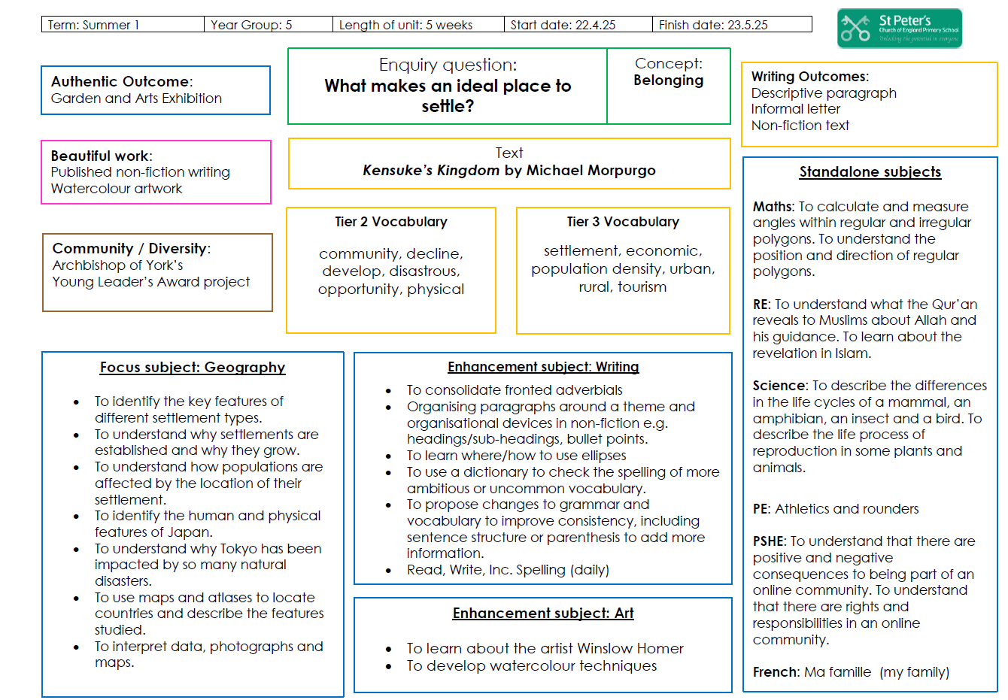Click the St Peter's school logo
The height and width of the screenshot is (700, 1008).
(x=900, y=28)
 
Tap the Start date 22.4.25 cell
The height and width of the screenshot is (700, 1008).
(x=578, y=24)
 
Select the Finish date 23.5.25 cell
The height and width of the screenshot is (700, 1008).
(x=732, y=24)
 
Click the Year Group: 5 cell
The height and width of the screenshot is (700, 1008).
(x=269, y=24)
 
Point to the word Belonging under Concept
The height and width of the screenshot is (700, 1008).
(x=668, y=80)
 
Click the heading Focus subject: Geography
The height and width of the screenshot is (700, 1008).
(x=193, y=367)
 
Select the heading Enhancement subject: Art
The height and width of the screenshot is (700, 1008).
(x=543, y=613)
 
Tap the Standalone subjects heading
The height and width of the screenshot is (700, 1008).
(x=870, y=171)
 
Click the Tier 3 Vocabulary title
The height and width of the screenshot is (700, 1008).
(x=623, y=221)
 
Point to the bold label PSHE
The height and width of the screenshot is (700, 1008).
(x=769, y=541)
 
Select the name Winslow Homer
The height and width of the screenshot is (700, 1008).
(x=630, y=648)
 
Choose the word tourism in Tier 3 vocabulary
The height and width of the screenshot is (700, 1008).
(x=642, y=286)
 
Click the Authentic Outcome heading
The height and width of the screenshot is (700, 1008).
(x=122, y=81)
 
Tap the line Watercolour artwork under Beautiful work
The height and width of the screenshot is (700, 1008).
(x=116, y=189)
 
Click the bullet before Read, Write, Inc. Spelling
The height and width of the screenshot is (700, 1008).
(x=388, y=571)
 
